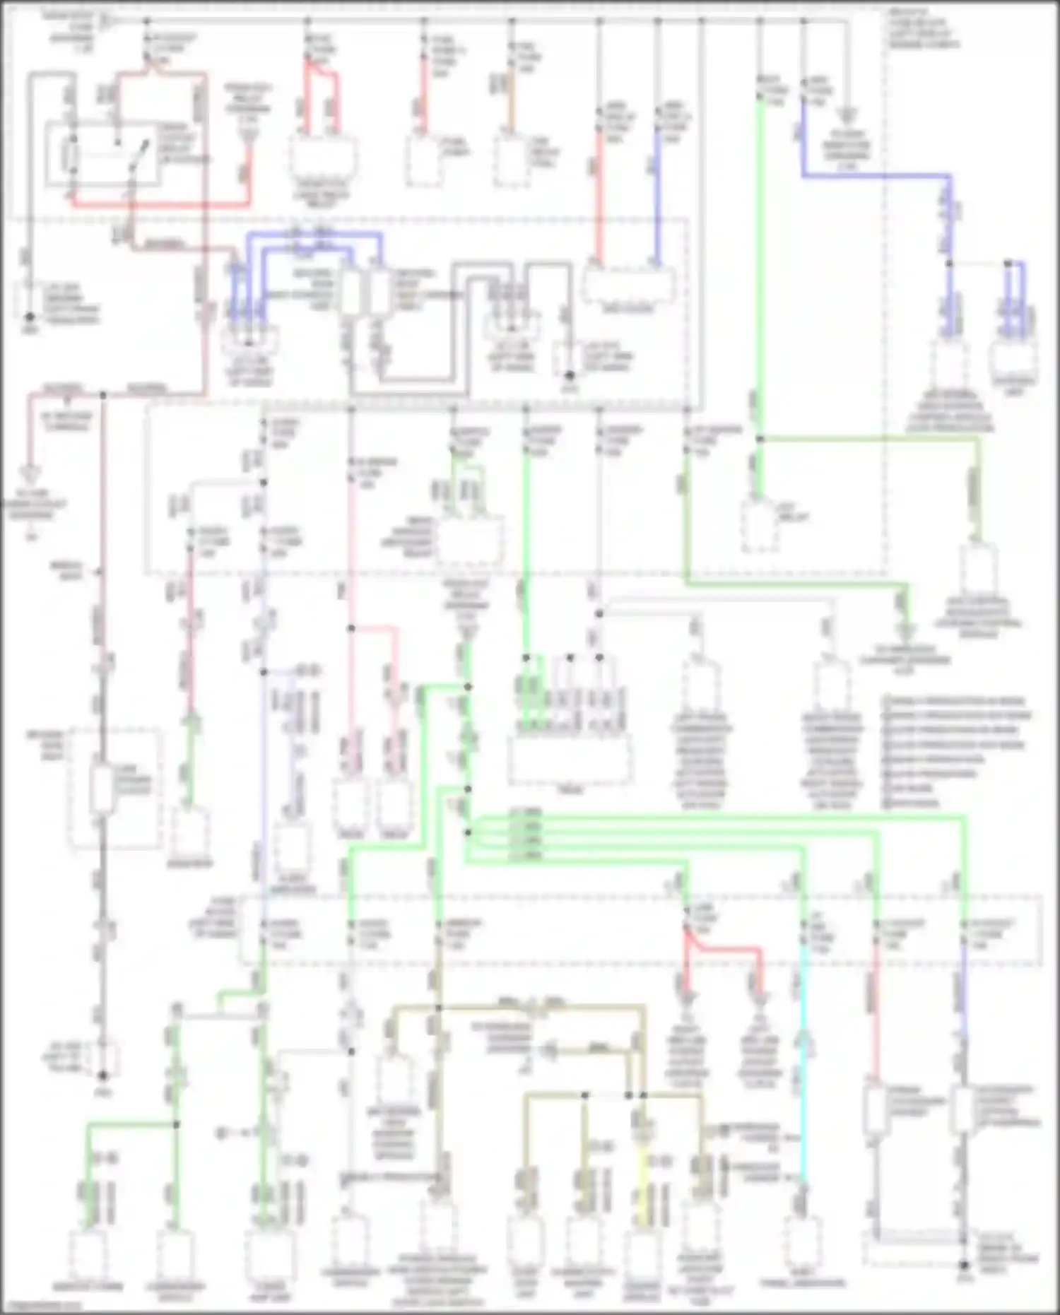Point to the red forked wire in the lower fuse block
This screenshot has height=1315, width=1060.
pyautogui.click(x=721, y=947)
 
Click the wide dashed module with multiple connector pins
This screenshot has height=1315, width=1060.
pyautogui.click(x=570, y=760)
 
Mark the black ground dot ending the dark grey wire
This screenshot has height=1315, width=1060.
pyautogui.click(x=103, y=1075)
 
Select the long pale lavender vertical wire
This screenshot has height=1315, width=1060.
pyautogui.click(x=264, y=777)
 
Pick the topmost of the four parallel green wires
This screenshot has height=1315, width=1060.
pyautogui.click(x=707, y=818)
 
